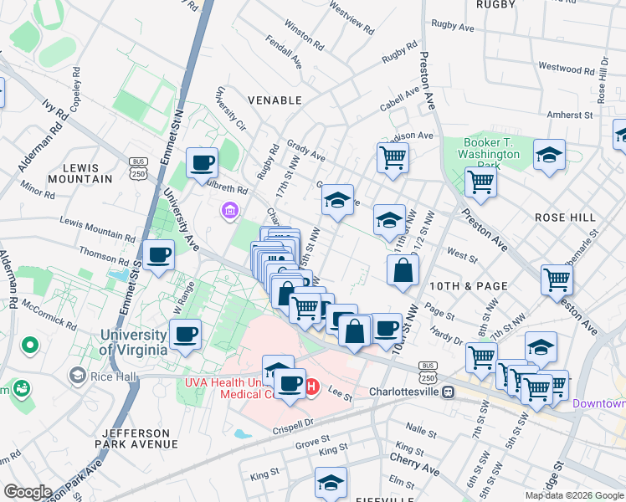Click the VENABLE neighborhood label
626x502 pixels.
[275, 100]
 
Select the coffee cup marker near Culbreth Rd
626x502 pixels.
[202, 162]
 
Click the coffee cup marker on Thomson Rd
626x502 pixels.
[158, 255]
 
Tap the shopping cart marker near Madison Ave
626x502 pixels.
[393, 156]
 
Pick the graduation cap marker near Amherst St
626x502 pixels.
[549, 155]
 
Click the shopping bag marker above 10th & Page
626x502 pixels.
[403, 270]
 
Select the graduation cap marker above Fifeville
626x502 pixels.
[331, 482]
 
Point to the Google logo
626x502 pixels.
[28, 492]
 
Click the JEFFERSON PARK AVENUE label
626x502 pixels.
[138, 438]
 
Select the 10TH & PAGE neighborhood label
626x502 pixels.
[469, 286]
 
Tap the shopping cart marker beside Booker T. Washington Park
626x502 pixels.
[481, 182]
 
